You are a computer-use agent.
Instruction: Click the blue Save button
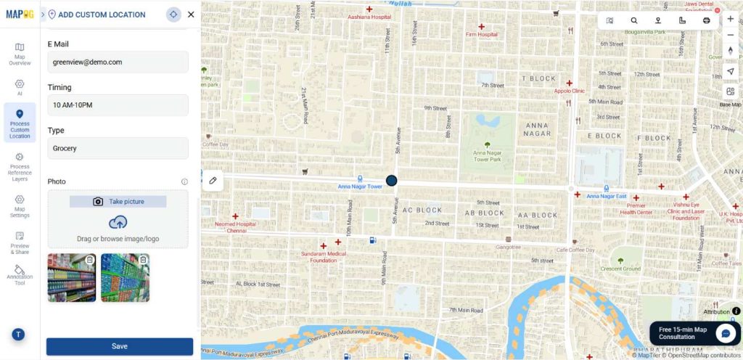point(120,346)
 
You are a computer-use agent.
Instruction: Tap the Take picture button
point(118,202)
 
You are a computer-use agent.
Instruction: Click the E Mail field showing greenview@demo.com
point(118,62)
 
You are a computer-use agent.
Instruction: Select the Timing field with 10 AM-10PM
point(118,105)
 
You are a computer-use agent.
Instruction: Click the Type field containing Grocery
point(118,148)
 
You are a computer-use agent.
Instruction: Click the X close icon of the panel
point(191,15)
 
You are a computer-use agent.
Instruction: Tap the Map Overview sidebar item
point(20,54)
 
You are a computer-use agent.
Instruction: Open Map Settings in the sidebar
point(20,206)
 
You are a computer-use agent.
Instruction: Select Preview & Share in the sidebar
point(20,242)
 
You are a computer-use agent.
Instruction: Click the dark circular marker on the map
point(392,180)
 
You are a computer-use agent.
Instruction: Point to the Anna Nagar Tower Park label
point(487,155)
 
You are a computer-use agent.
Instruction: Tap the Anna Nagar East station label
point(606,196)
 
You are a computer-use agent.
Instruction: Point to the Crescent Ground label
point(621,269)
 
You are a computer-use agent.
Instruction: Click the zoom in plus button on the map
point(731,19)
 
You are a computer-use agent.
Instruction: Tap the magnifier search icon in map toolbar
point(634,21)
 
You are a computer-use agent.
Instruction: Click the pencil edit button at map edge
point(213,180)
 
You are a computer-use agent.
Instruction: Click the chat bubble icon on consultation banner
point(726,333)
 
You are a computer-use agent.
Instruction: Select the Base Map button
point(731,94)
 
